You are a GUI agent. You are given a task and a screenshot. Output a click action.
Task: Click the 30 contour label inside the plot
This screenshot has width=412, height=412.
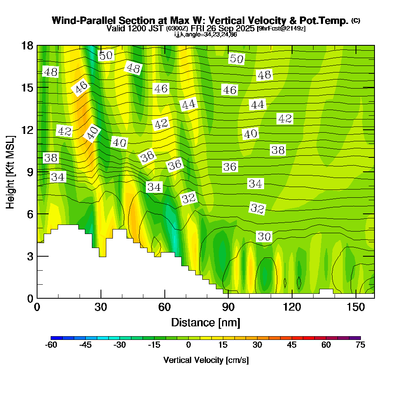pos(264,236)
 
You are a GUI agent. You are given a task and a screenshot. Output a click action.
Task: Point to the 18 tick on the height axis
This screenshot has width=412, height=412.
pos(37,45)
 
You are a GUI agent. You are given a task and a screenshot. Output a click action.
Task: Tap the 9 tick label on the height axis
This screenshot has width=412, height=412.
pos(29,171)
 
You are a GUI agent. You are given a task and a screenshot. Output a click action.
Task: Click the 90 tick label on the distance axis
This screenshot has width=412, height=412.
pos(228,307)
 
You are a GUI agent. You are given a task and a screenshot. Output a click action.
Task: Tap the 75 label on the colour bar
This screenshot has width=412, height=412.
pos(360,345)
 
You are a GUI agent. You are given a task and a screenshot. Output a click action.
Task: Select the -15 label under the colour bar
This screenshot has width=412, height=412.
pos(154,345)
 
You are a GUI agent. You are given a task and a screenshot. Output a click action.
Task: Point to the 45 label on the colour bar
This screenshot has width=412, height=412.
pos(292,345)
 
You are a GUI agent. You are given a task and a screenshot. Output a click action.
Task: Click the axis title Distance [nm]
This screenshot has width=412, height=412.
pos(206,322)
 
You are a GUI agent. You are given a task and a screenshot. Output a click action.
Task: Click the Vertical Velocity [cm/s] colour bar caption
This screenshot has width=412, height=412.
pos(206,360)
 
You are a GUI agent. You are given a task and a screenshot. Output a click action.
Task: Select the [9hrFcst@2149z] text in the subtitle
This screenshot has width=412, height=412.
pos(281,28)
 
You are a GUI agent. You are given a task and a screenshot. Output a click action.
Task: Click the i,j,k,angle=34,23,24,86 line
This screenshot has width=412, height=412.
pos(206,35)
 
